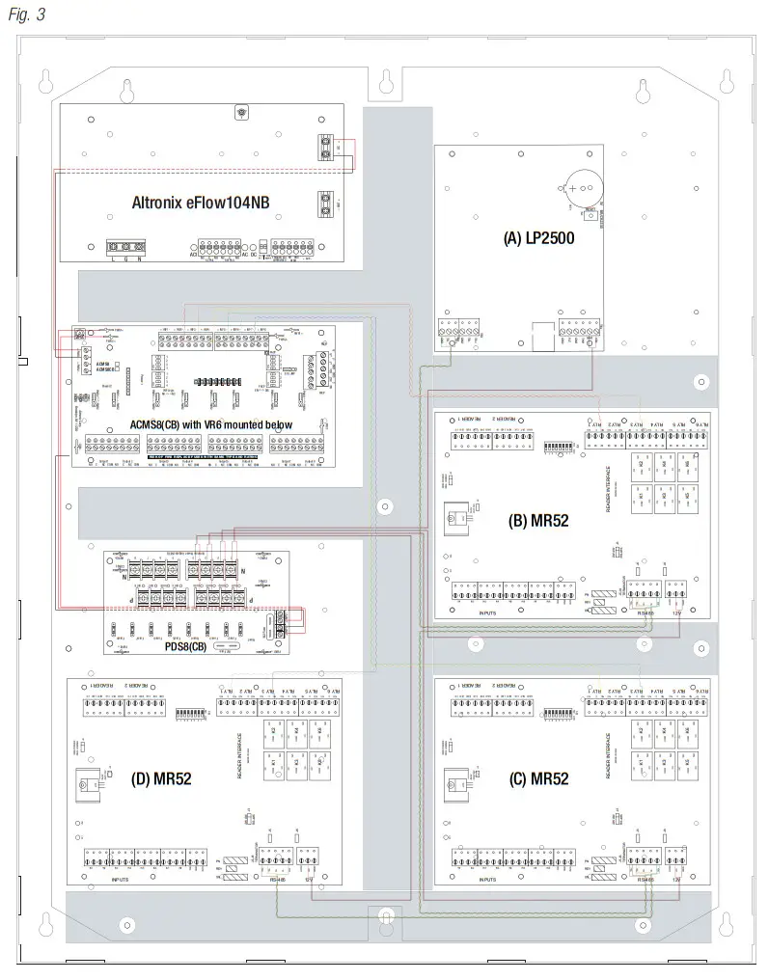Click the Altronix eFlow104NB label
[203, 203]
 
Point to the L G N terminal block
[126, 248]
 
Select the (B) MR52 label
[538, 521]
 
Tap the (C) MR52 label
[538, 779]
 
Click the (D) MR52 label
[161, 779]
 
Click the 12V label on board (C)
[676, 880]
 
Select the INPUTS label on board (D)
[120, 880]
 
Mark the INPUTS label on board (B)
[488, 612]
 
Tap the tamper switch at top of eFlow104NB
[240, 113]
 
